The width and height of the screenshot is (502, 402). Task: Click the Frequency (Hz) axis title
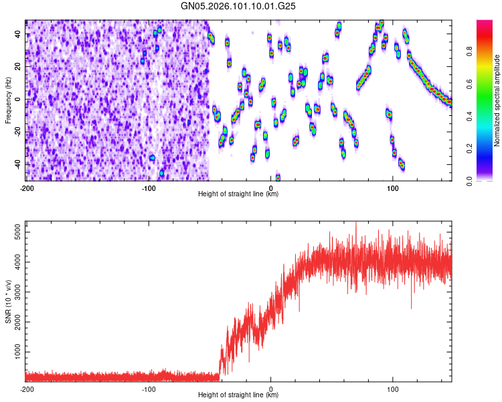click(8, 100)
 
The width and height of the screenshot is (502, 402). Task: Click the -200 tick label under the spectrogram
click(27, 188)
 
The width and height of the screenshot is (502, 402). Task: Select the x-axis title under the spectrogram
click(239, 194)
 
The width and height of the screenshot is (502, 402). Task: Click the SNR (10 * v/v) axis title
click(8, 301)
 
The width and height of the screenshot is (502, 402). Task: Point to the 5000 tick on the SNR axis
click(15, 232)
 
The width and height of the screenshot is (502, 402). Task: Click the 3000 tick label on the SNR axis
click(15, 291)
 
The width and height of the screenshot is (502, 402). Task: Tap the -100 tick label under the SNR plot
click(149, 389)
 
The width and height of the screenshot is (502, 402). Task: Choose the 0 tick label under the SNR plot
click(271, 389)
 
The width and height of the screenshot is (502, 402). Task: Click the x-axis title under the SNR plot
click(239, 395)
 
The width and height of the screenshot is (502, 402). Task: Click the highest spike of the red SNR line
click(356, 223)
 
